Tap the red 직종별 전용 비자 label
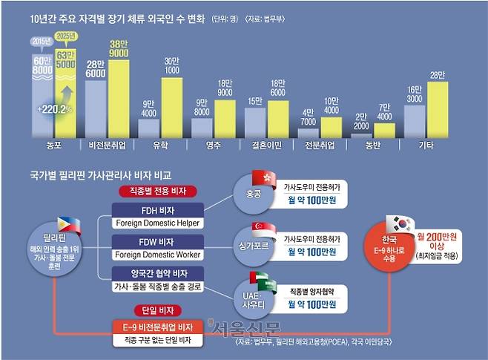pyautogui.click(x=158, y=192)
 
